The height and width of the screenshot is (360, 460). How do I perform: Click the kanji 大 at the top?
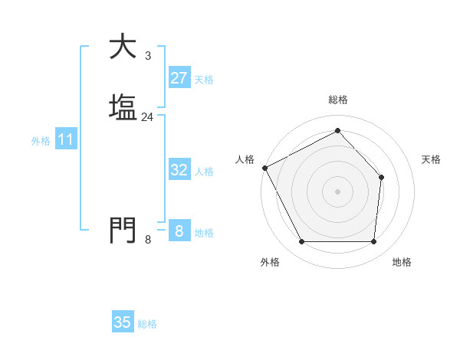(123, 47)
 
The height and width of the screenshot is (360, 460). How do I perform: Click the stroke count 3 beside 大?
(147, 56)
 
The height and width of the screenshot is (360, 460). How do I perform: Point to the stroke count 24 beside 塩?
(147, 117)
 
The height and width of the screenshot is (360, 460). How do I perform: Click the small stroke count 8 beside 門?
(147, 239)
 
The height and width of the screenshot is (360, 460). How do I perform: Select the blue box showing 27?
(179, 78)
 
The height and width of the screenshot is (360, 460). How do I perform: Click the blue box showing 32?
(179, 170)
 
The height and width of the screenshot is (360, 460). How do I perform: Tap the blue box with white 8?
(179, 231)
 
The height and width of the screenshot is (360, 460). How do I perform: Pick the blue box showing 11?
(65, 140)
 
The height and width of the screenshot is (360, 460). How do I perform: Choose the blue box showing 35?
(123, 322)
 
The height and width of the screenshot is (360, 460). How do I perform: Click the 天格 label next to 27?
(204, 80)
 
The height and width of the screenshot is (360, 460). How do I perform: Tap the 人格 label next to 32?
(204, 172)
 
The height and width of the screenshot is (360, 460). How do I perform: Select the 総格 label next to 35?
(147, 324)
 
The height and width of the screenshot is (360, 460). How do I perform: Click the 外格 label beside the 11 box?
(41, 141)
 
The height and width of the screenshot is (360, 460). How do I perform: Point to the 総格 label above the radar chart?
(337, 100)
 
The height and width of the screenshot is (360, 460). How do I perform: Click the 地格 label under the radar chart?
(402, 262)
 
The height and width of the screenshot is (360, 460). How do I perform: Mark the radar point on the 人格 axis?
(264, 168)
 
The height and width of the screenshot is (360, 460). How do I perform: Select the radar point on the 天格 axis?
(381, 178)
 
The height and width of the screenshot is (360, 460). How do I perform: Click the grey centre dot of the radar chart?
(337, 191)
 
